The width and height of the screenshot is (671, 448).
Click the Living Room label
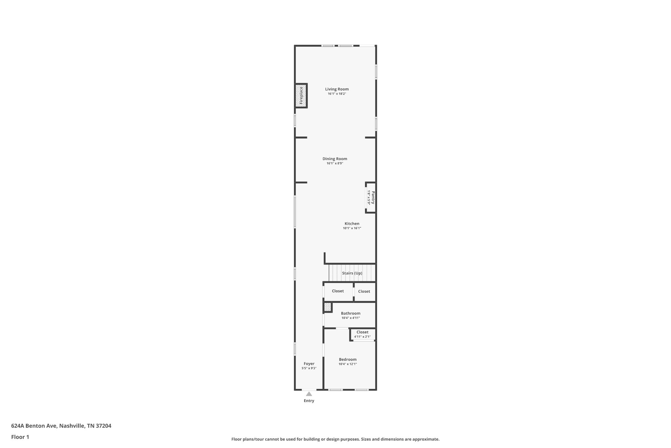pos(337,89)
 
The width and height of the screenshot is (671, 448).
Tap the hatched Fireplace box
pos(301,96)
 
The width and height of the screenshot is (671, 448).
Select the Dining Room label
pos(335,159)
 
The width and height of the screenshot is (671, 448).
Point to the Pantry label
pos(373,198)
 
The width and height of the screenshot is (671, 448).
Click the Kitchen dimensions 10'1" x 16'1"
pos(352,228)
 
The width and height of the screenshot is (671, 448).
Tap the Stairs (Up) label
pos(352,273)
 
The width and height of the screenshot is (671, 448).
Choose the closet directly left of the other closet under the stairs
pos(338,291)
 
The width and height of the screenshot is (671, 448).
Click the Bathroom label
pos(351,313)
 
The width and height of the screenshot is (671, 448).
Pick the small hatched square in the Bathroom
pos(328,307)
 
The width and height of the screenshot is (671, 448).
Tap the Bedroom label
pos(348,359)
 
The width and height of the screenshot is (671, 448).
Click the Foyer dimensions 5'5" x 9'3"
pos(309,368)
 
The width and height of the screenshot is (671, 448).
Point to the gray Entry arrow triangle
pos(309,394)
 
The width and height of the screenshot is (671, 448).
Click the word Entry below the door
pos(309,401)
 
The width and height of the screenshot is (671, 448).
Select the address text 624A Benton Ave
pos(35,426)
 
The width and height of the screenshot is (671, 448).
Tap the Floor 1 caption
pos(20,437)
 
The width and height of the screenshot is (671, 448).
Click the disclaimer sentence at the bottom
pos(335,439)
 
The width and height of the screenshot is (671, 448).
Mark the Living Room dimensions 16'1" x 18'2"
pos(337,94)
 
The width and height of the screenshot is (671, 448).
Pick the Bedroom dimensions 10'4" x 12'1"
pos(348,364)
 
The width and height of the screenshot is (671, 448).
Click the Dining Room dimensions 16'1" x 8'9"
pos(335,163)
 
